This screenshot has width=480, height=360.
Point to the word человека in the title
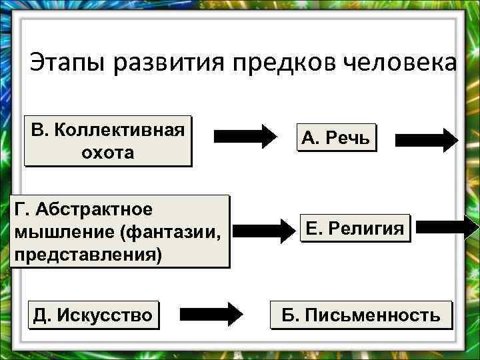401,64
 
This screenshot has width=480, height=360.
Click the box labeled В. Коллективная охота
107,141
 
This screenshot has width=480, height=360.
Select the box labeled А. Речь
338,138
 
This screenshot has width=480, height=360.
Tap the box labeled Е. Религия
354,229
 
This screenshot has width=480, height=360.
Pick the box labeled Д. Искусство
93,314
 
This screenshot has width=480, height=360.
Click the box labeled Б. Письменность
361,315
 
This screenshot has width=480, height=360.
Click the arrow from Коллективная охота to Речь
245,136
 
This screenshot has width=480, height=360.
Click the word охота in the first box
107,153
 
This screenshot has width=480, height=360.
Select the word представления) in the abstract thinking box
87,255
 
